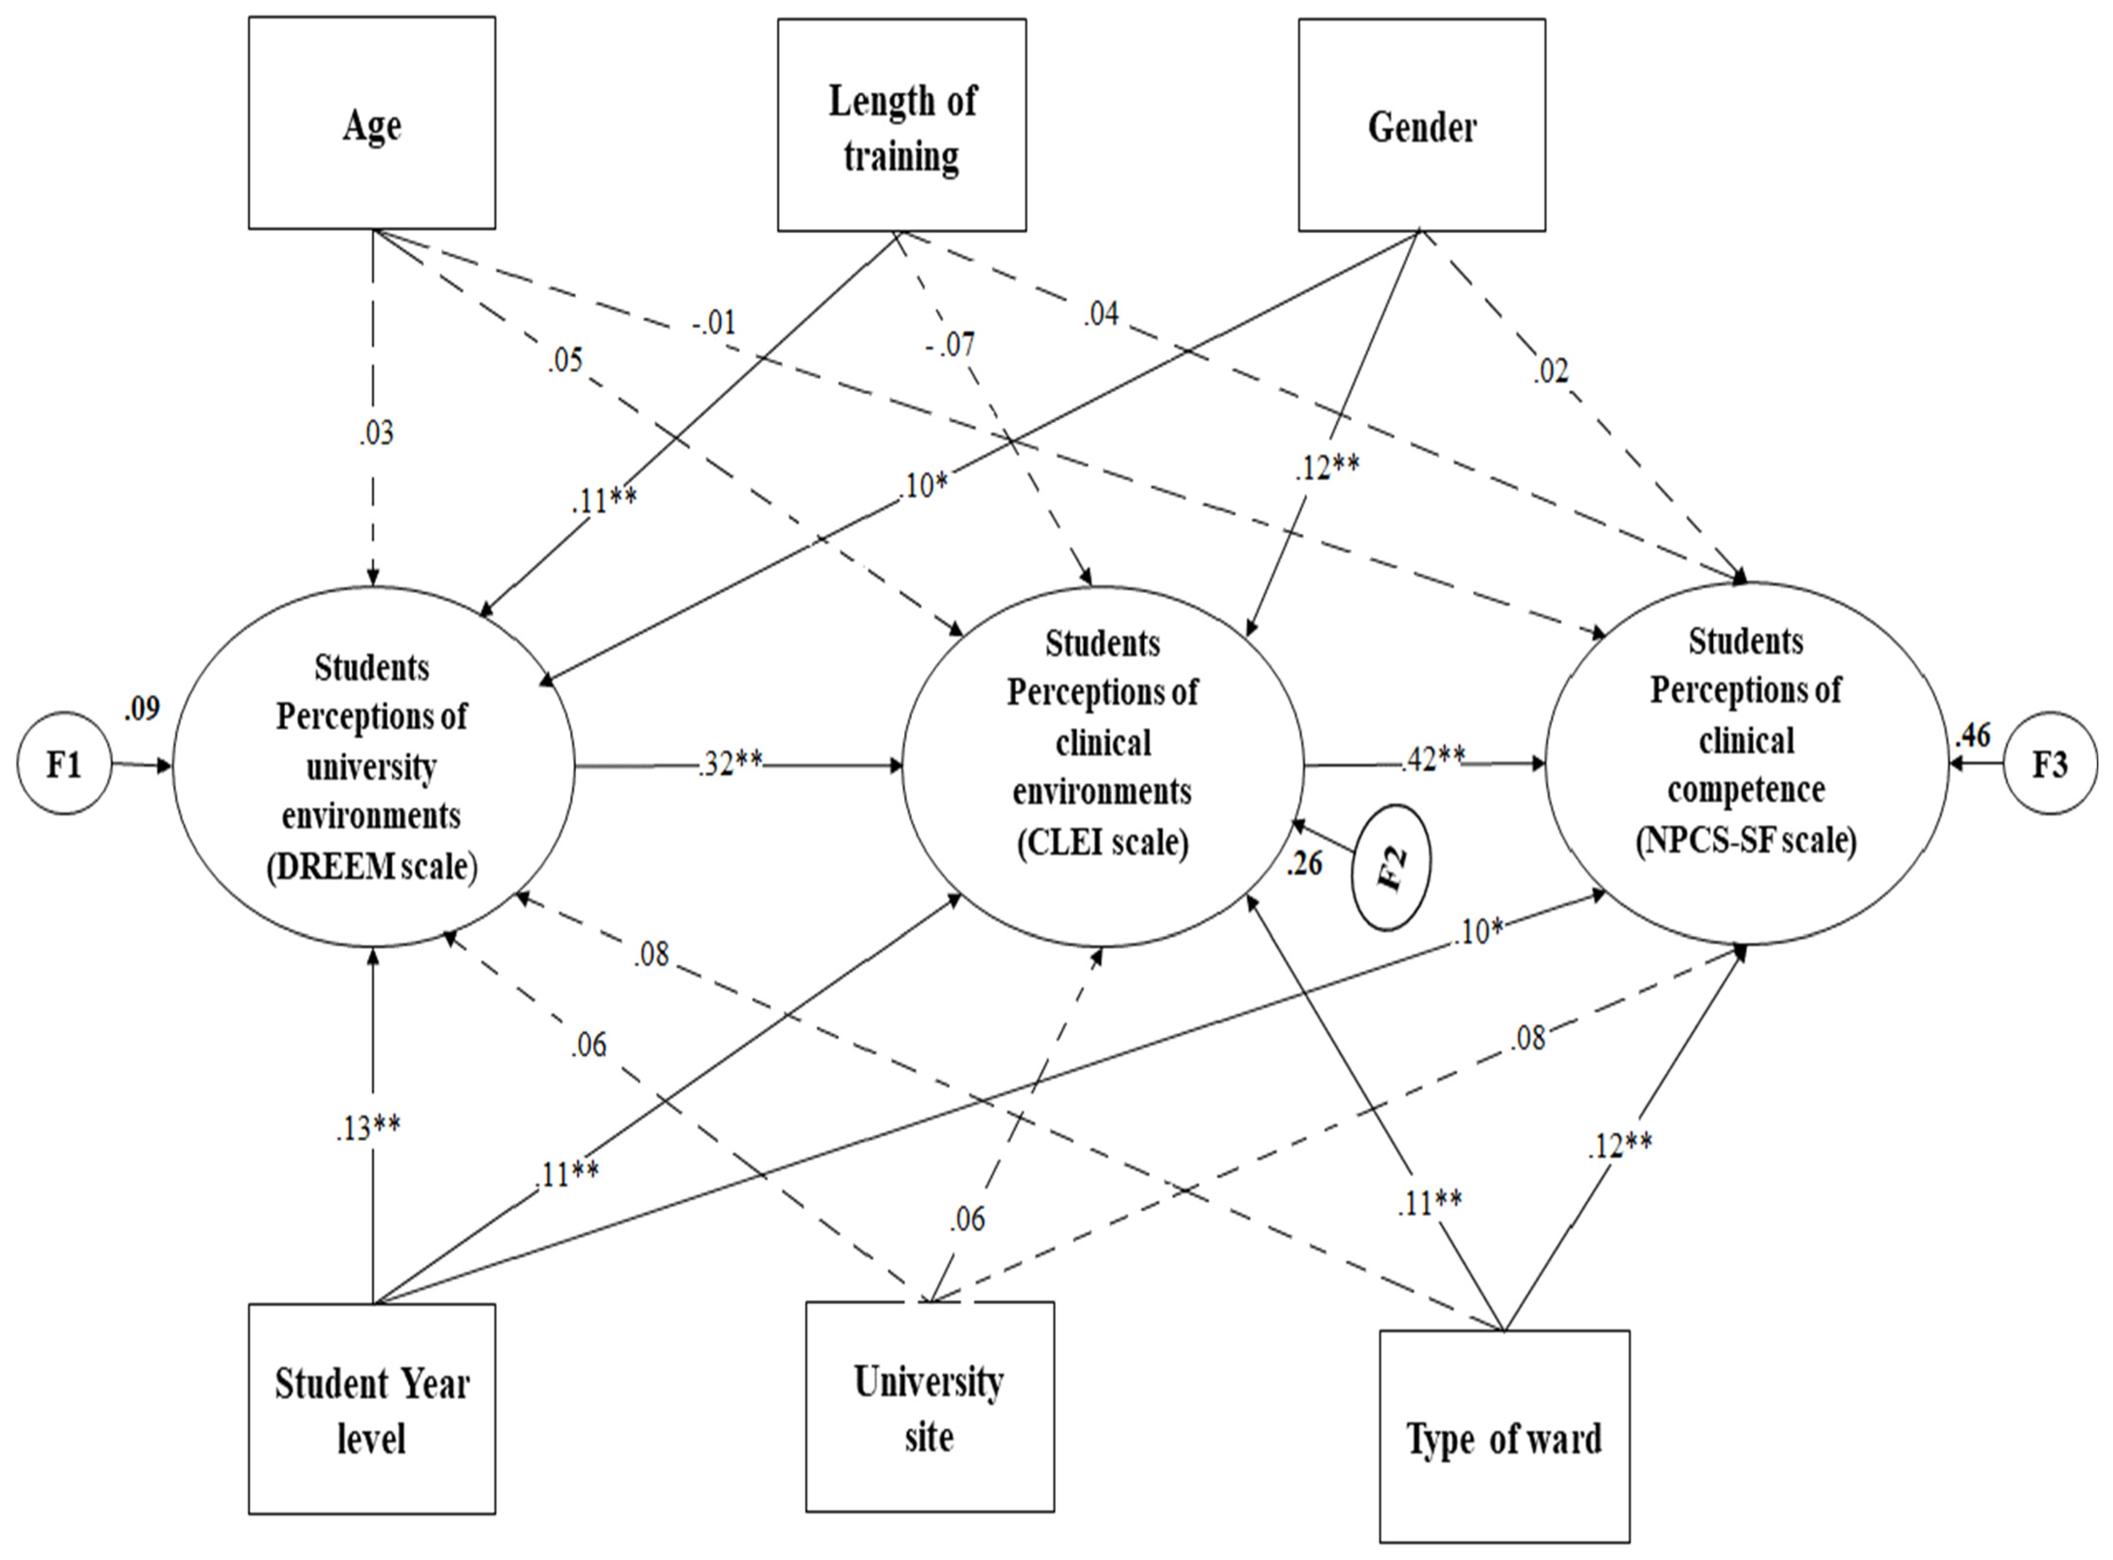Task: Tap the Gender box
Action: (x=1421, y=125)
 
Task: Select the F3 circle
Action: (x=2049, y=763)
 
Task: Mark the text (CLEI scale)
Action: (x=1102, y=840)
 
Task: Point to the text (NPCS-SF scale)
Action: (x=1746, y=838)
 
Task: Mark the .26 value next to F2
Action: (x=1304, y=862)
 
